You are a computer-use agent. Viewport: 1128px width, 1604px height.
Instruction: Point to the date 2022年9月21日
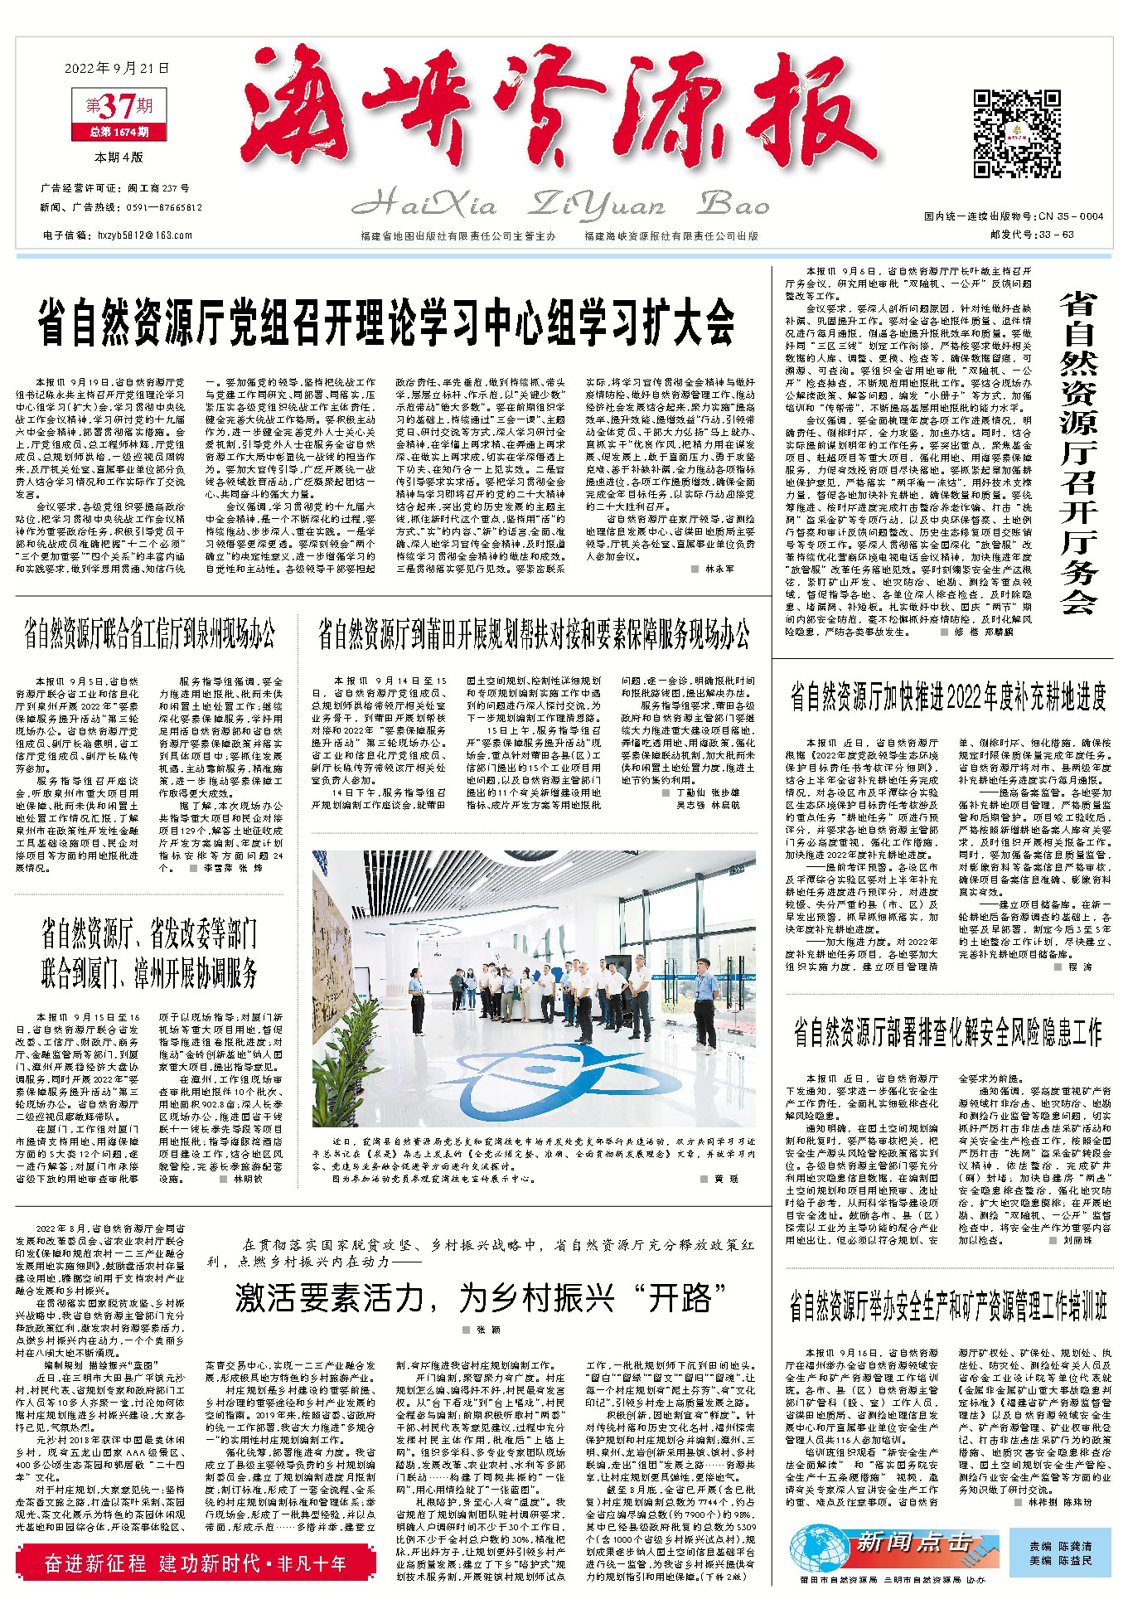[117, 68]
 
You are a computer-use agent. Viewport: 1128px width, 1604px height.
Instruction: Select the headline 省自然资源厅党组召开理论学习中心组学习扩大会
[386, 319]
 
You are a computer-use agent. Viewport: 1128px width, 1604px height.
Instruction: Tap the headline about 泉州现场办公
[149, 635]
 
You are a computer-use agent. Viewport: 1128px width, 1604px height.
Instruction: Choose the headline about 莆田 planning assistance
[535, 635]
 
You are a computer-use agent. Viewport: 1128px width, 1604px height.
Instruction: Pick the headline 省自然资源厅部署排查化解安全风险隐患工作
[948, 1032]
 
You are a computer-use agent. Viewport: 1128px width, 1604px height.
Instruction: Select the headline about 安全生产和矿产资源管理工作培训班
[948, 1308]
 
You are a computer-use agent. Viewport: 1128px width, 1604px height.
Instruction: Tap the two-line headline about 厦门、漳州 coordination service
[149, 953]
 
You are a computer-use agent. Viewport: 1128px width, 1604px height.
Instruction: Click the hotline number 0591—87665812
[166, 208]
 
